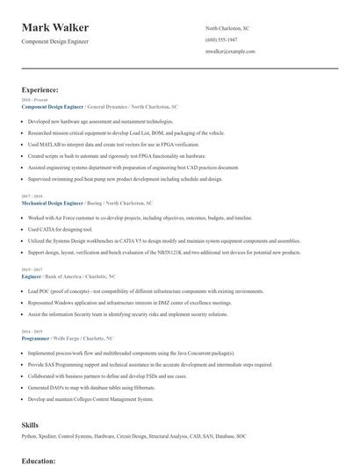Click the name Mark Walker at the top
point(61,28)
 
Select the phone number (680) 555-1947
point(221,40)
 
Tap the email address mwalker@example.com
point(230,52)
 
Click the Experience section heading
point(40,89)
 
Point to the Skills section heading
point(30,425)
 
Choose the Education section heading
point(38,460)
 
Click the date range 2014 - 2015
point(31,332)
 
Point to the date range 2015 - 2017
point(31,269)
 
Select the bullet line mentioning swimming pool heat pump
point(125,177)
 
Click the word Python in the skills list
point(29,436)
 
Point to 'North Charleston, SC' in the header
point(227,28)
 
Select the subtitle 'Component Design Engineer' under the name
point(55,41)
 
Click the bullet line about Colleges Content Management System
point(91,398)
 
